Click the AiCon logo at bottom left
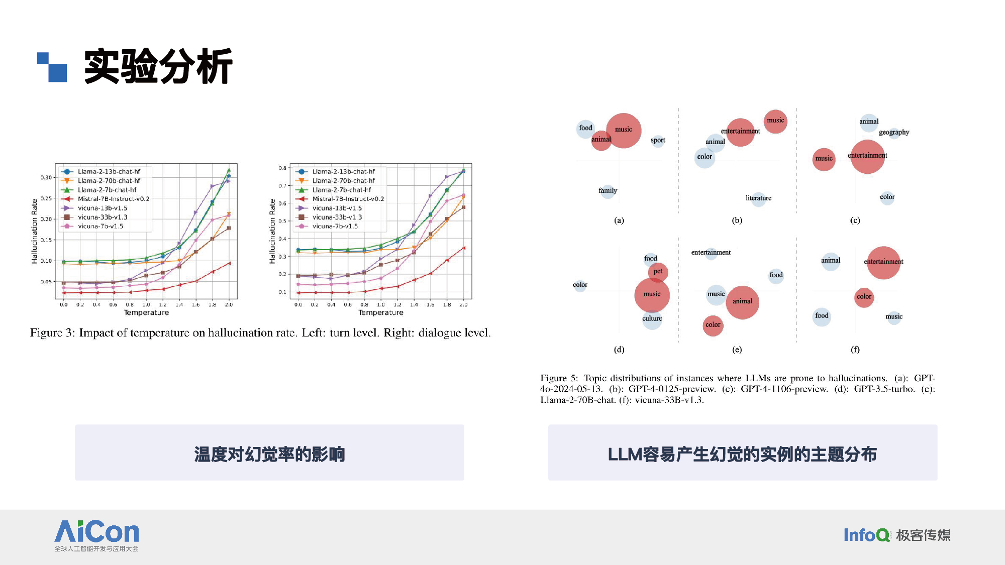(96, 535)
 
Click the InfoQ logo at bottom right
(897, 535)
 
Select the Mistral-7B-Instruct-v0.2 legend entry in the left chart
(106, 199)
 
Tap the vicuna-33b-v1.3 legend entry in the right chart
(332, 217)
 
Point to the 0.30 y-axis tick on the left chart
(46, 177)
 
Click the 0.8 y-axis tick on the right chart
(282, 168)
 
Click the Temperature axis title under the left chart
(146, 312)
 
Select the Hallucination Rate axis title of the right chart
(272, 231)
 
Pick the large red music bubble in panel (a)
(624, 131)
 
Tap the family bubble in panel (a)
(608, 191)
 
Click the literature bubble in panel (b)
(758, 198)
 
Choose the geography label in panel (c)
(894, 132)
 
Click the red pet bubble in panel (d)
(658, 272)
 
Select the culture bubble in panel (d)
(652, 319)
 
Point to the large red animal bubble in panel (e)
(742, 302)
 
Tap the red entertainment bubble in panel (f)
(883, 263)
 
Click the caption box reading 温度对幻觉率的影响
(269, 453)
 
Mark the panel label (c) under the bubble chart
(855, 220)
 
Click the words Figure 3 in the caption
(52, 333)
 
